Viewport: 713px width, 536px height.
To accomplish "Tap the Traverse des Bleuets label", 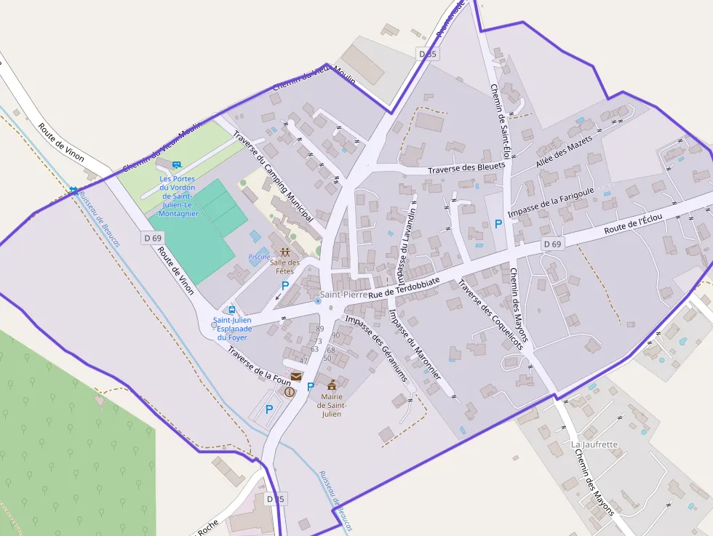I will click(x=466, y=168).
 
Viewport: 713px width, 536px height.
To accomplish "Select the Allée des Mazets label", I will click(x=564, y=152).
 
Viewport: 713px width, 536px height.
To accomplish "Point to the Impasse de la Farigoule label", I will click(x=551, y=202).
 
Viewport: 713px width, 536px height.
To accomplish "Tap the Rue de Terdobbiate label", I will click(x=405, y=287).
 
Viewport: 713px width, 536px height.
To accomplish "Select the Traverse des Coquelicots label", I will click(x=490, y=314).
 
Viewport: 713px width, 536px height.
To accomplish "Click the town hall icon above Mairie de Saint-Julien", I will click(x=332, y=384).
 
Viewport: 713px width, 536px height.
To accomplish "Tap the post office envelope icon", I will click(x=297, y=376).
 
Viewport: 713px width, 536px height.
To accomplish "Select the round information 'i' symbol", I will click(x=290, y=391).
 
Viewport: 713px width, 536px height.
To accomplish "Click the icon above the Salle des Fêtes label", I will click(x=284, y=252).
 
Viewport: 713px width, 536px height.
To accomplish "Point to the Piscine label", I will click(x=259, y=257).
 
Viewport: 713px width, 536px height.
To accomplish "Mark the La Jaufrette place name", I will click(x=594, y=444).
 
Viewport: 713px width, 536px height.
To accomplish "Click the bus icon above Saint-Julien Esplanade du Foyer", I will click(x=233, y=310).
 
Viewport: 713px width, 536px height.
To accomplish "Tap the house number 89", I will click(x=320, y=329).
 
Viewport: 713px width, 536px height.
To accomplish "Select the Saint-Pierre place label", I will click(x=344, y=295).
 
